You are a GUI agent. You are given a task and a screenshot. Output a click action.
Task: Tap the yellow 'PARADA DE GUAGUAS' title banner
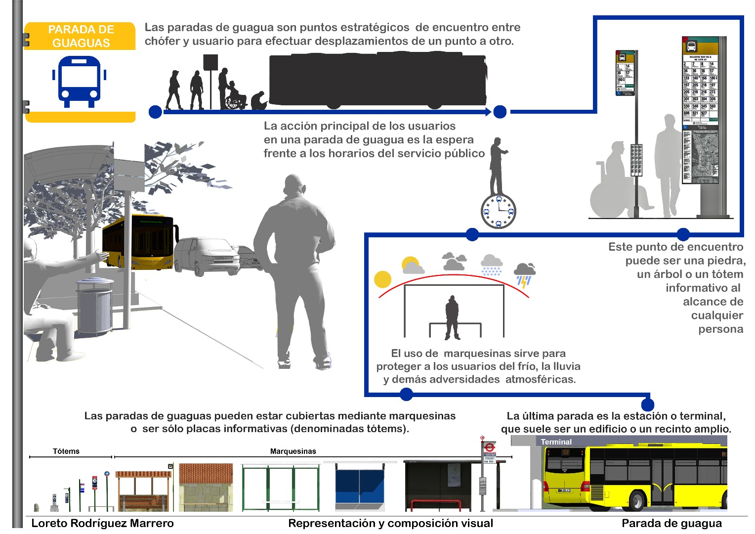pyautogui.click(x=80, y=36)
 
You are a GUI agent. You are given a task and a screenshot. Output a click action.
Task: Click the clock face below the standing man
pyautogui.click(x=498, y=211)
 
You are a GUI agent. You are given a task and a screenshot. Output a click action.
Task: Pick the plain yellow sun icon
pyautogui.click(x=383, y=279)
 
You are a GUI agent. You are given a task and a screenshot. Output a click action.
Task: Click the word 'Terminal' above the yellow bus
pyautogui.click(x=556, y=442)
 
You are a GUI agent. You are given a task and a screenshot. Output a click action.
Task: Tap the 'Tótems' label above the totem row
pyautogui.click(x=66, y=451)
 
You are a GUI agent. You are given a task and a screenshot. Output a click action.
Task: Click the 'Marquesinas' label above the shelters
pyautogui.click(x=293, y=451)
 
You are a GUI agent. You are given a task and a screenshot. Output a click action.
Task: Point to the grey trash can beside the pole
pyautogui.click(x=95, y=307)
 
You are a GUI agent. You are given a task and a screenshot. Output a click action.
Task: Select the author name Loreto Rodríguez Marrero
pyautogui.click(x=103, y=523)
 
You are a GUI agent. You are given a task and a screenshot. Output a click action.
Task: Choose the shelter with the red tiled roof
pyautogui.click(x=206, y=487)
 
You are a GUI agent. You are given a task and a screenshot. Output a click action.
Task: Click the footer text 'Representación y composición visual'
pyautogui.click(x=390, y=523)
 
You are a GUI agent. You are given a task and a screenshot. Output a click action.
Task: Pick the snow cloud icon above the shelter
pyautogui.click(x=492, y=265)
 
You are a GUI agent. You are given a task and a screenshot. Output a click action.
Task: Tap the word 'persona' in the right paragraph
pyautogui.click(x=720, y=329)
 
